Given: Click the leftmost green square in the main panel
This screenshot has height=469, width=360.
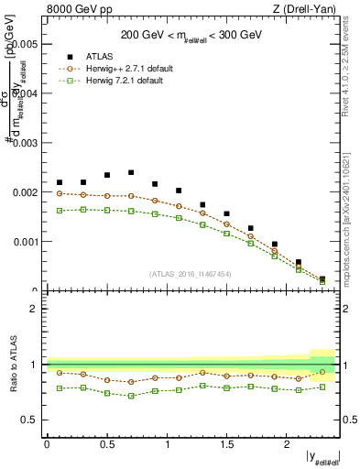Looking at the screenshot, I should point(60,211).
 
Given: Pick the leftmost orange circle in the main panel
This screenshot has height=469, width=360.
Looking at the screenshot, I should point(60,193).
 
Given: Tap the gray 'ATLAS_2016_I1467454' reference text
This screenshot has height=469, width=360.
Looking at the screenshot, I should point(189,274).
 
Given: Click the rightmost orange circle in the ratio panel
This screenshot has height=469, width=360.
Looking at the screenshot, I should point(322,372).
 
